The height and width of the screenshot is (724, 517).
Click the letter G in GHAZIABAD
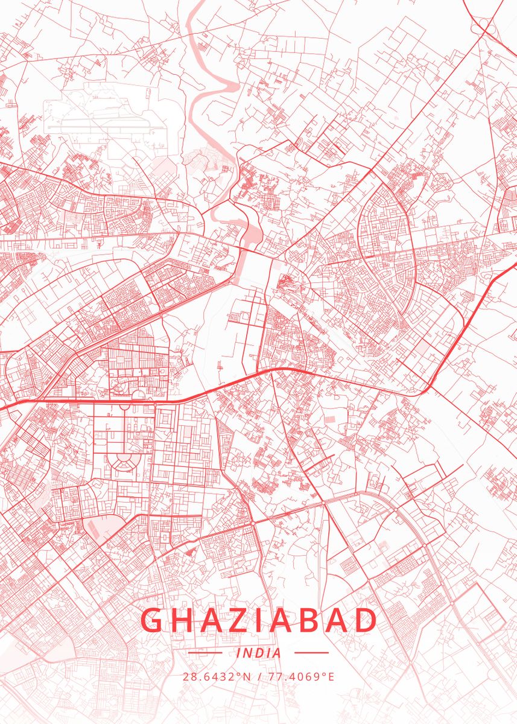click(153, 620)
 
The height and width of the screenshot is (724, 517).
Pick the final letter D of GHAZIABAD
click(366, 620)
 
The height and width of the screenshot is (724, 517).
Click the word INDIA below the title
click(259, 653)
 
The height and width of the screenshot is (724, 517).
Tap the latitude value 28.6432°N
click(217, 676)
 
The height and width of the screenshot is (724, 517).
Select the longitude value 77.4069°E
click(300, 676)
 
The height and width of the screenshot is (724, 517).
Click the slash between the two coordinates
click(259, 676)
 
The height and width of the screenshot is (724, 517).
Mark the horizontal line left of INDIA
click(205, 653)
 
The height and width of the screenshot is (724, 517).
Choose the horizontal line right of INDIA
click(311, 653)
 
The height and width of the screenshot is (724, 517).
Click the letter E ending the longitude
click(331, 676)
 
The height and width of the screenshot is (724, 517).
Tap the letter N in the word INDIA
click(249, 653)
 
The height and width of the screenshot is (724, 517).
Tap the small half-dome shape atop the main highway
click(138, 396)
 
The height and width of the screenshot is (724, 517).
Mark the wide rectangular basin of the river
click(248, 265)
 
